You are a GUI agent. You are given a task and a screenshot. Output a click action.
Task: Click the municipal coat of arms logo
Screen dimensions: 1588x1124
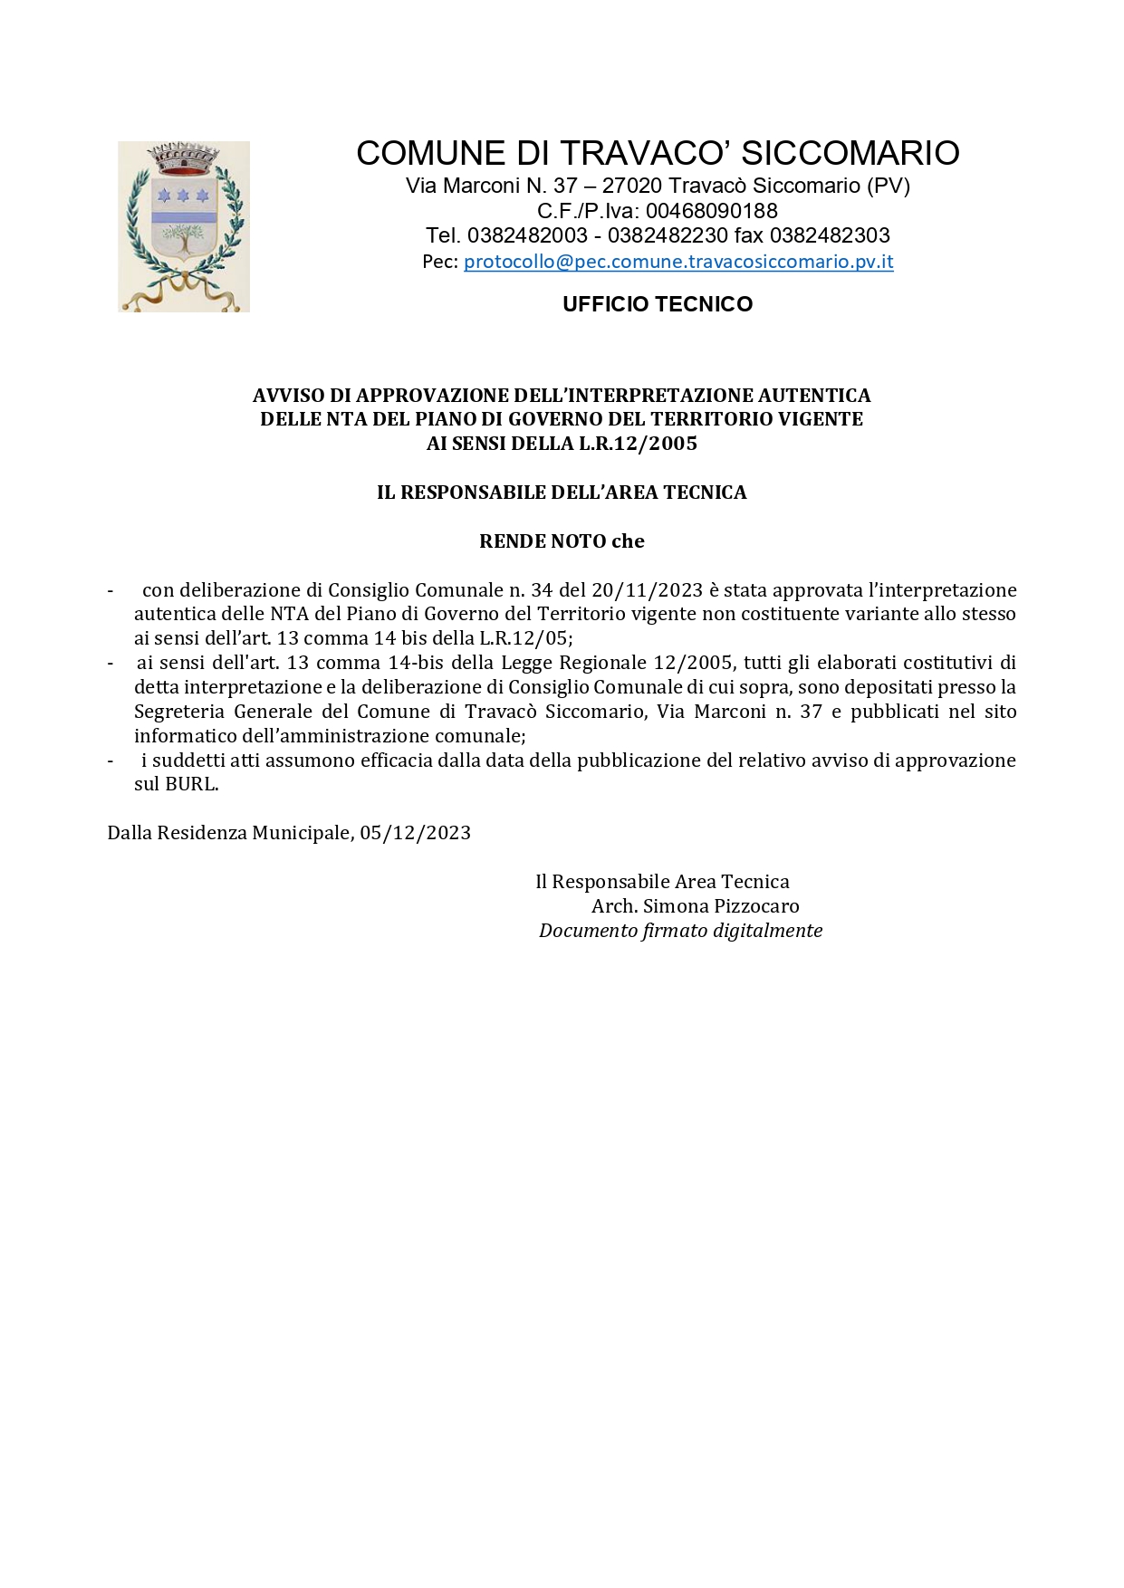[x=184, y=226]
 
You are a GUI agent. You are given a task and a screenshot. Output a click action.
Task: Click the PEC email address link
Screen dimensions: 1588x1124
[x=678, y=262]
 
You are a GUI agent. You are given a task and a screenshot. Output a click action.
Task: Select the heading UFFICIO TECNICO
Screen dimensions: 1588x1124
[x=658, y=304]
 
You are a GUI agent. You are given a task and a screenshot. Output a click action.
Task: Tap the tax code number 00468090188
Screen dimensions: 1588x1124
[x=712, y=211]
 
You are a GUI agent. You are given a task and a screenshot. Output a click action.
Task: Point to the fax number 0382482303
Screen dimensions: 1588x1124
[x=830, y=235]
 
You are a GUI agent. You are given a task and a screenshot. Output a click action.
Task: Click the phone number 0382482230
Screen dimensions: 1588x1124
[x=668, y=235]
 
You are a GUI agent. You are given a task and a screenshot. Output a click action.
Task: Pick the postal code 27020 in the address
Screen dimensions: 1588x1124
[x=632, y=186]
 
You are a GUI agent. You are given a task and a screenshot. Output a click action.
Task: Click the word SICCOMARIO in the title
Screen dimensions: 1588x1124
[x=850, y=153]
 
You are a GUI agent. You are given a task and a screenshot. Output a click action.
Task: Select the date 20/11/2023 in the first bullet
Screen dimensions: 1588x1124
[x=647, y=590]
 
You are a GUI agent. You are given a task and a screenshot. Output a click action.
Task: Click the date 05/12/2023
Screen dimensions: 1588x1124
[x=415, y=833]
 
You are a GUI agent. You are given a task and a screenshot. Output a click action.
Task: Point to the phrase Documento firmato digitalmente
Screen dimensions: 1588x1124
[x=680, y=931]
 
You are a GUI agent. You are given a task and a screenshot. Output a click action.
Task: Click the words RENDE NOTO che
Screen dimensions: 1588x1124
[x=562, y=541]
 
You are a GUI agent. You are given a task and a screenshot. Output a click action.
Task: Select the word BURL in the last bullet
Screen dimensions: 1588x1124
[x=190, y=784]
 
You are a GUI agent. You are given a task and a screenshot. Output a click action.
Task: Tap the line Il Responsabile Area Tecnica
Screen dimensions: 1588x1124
[x=662, y=882]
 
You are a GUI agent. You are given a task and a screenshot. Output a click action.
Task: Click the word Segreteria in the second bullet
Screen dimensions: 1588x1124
[x=179, y=712]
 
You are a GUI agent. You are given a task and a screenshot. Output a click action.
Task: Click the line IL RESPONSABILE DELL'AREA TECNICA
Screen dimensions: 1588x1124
[x=562, y=493]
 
